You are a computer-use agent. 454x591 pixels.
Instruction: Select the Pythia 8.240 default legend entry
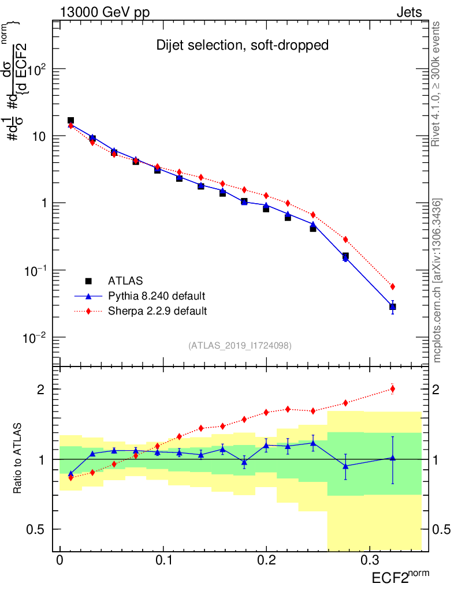pyautogui.click(x=156, y=296)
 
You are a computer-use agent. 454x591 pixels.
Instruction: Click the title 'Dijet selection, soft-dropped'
pyautogui.click(x=242, y=46)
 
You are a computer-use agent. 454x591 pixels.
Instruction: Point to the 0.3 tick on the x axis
pyautogui.click(x=369, y=562)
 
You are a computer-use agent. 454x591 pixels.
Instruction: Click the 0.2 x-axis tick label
pyautogui.click(x=266, y=562)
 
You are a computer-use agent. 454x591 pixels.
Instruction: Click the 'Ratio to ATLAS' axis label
pyautogui.click(x=18, y=459)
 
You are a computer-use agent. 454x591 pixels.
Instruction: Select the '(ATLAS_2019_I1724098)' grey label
pyautogui.click(x=240, y=346)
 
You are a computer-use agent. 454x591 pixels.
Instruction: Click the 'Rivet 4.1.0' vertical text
pyautogui.click(x=437, y=84)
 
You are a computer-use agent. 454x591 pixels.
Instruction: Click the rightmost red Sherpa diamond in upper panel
pyautogui.click(x=393, y=286)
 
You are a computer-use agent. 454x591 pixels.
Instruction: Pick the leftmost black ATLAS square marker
pyautogui.click(x=70, y=121)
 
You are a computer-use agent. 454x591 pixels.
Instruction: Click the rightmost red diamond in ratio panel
pyautogui.click(x=393, y=389)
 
